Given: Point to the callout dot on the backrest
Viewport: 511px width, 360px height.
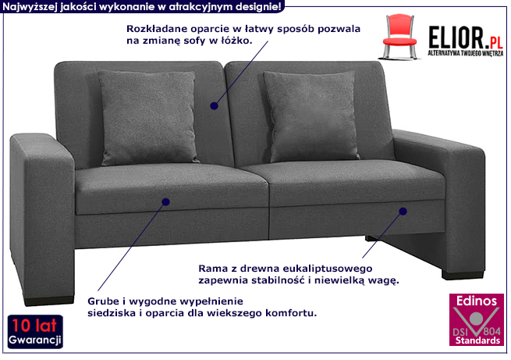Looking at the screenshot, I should pyautogui.click(x=213, y=104).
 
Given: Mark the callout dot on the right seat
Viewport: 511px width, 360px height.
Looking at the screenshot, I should pyautogui.click(x=404, y=211).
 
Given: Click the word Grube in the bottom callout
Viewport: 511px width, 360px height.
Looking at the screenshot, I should pyautogui.click(x=92, y=301).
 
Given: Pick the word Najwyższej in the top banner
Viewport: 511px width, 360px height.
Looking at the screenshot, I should pyautogui.click(x=30, y=6).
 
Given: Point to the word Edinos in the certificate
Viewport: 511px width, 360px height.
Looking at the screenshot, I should pyautogui.click(x=474, y=298).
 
